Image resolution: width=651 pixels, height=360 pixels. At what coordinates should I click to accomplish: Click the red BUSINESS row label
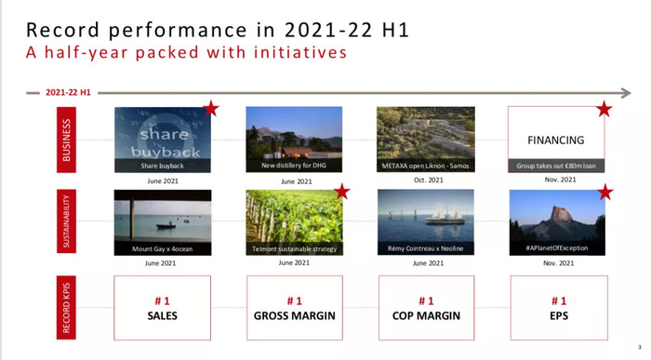pyautogui.click(x=66, y=140)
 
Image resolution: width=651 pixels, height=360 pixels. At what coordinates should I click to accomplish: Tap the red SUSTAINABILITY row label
pyautogui.click(x=66, y=221)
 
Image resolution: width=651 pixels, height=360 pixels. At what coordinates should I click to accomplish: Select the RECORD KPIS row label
pyautogui.click(x=66, y=308)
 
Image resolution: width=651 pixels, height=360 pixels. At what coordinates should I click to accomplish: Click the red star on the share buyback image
pyautogui.click(x=211, y=109)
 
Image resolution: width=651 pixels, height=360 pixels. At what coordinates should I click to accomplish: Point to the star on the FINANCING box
pyautogui.click(x=604, y=109)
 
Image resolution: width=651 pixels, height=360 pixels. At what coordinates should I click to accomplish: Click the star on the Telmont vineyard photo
pyautogui.click(x=342, y=192)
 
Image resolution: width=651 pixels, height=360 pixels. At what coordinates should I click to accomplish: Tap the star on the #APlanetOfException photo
pyautogui.click(x=605, y=193)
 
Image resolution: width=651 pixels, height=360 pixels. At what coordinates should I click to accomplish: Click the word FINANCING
pyautogui.click(x=556, y=140)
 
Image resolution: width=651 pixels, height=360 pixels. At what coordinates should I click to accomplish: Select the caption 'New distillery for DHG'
pyautogui.click(x=294, y=166)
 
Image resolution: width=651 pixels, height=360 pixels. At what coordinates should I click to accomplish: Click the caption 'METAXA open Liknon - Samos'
pyautogui.click(x=426, y=167)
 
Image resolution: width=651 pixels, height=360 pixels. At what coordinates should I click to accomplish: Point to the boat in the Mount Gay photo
pyautogui.click(x=166, y=226)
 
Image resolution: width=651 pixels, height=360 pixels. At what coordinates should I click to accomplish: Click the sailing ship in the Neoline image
pyautogui.click(x=445, y=213)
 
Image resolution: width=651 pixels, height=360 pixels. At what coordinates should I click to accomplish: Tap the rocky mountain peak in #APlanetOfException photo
pyautogui.click(x=560, y=217)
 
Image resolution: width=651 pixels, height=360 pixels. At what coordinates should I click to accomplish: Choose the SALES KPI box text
pyautogui.click(x=163, y=315)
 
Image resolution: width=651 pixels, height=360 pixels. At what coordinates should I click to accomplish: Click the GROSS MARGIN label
pyautogui.click(x=295, y=316)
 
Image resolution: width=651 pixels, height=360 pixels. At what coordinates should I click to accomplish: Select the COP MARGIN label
pyautogui.click(x=426, y=316)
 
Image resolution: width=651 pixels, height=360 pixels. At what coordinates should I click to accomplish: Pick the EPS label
pyautogui.click(x=559, y=316)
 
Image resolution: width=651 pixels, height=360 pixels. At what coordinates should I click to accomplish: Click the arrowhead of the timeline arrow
pyautogui.click(x=627, y=93)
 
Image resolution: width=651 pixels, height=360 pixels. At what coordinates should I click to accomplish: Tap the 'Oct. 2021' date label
pyautogui.click(x=429, y=180)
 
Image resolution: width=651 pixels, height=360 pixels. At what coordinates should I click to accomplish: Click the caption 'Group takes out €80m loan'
pyautogui.click(x=556, y=167)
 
